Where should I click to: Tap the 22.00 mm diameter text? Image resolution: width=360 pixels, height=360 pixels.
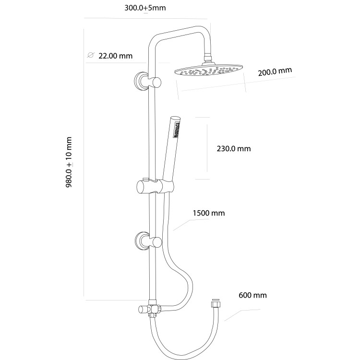pyautogui.click(x=115, y=56)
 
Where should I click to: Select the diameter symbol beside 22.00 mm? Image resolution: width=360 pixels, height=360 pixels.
pyautogui.click(x=90, y=56)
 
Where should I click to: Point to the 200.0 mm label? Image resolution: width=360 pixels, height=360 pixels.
pyautogui.click(x=275, y=72)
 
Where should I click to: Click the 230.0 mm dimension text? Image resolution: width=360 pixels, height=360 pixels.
pyautogui.click(x=234, y=149)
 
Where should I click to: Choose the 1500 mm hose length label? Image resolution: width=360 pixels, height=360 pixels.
pyautogui.click(x=208, y=213)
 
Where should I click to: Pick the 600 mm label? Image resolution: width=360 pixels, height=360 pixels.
pyautogui.click(x=252, y=295)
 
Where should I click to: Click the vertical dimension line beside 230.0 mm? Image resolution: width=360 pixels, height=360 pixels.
pyautogui.click(x=207, y=148)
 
